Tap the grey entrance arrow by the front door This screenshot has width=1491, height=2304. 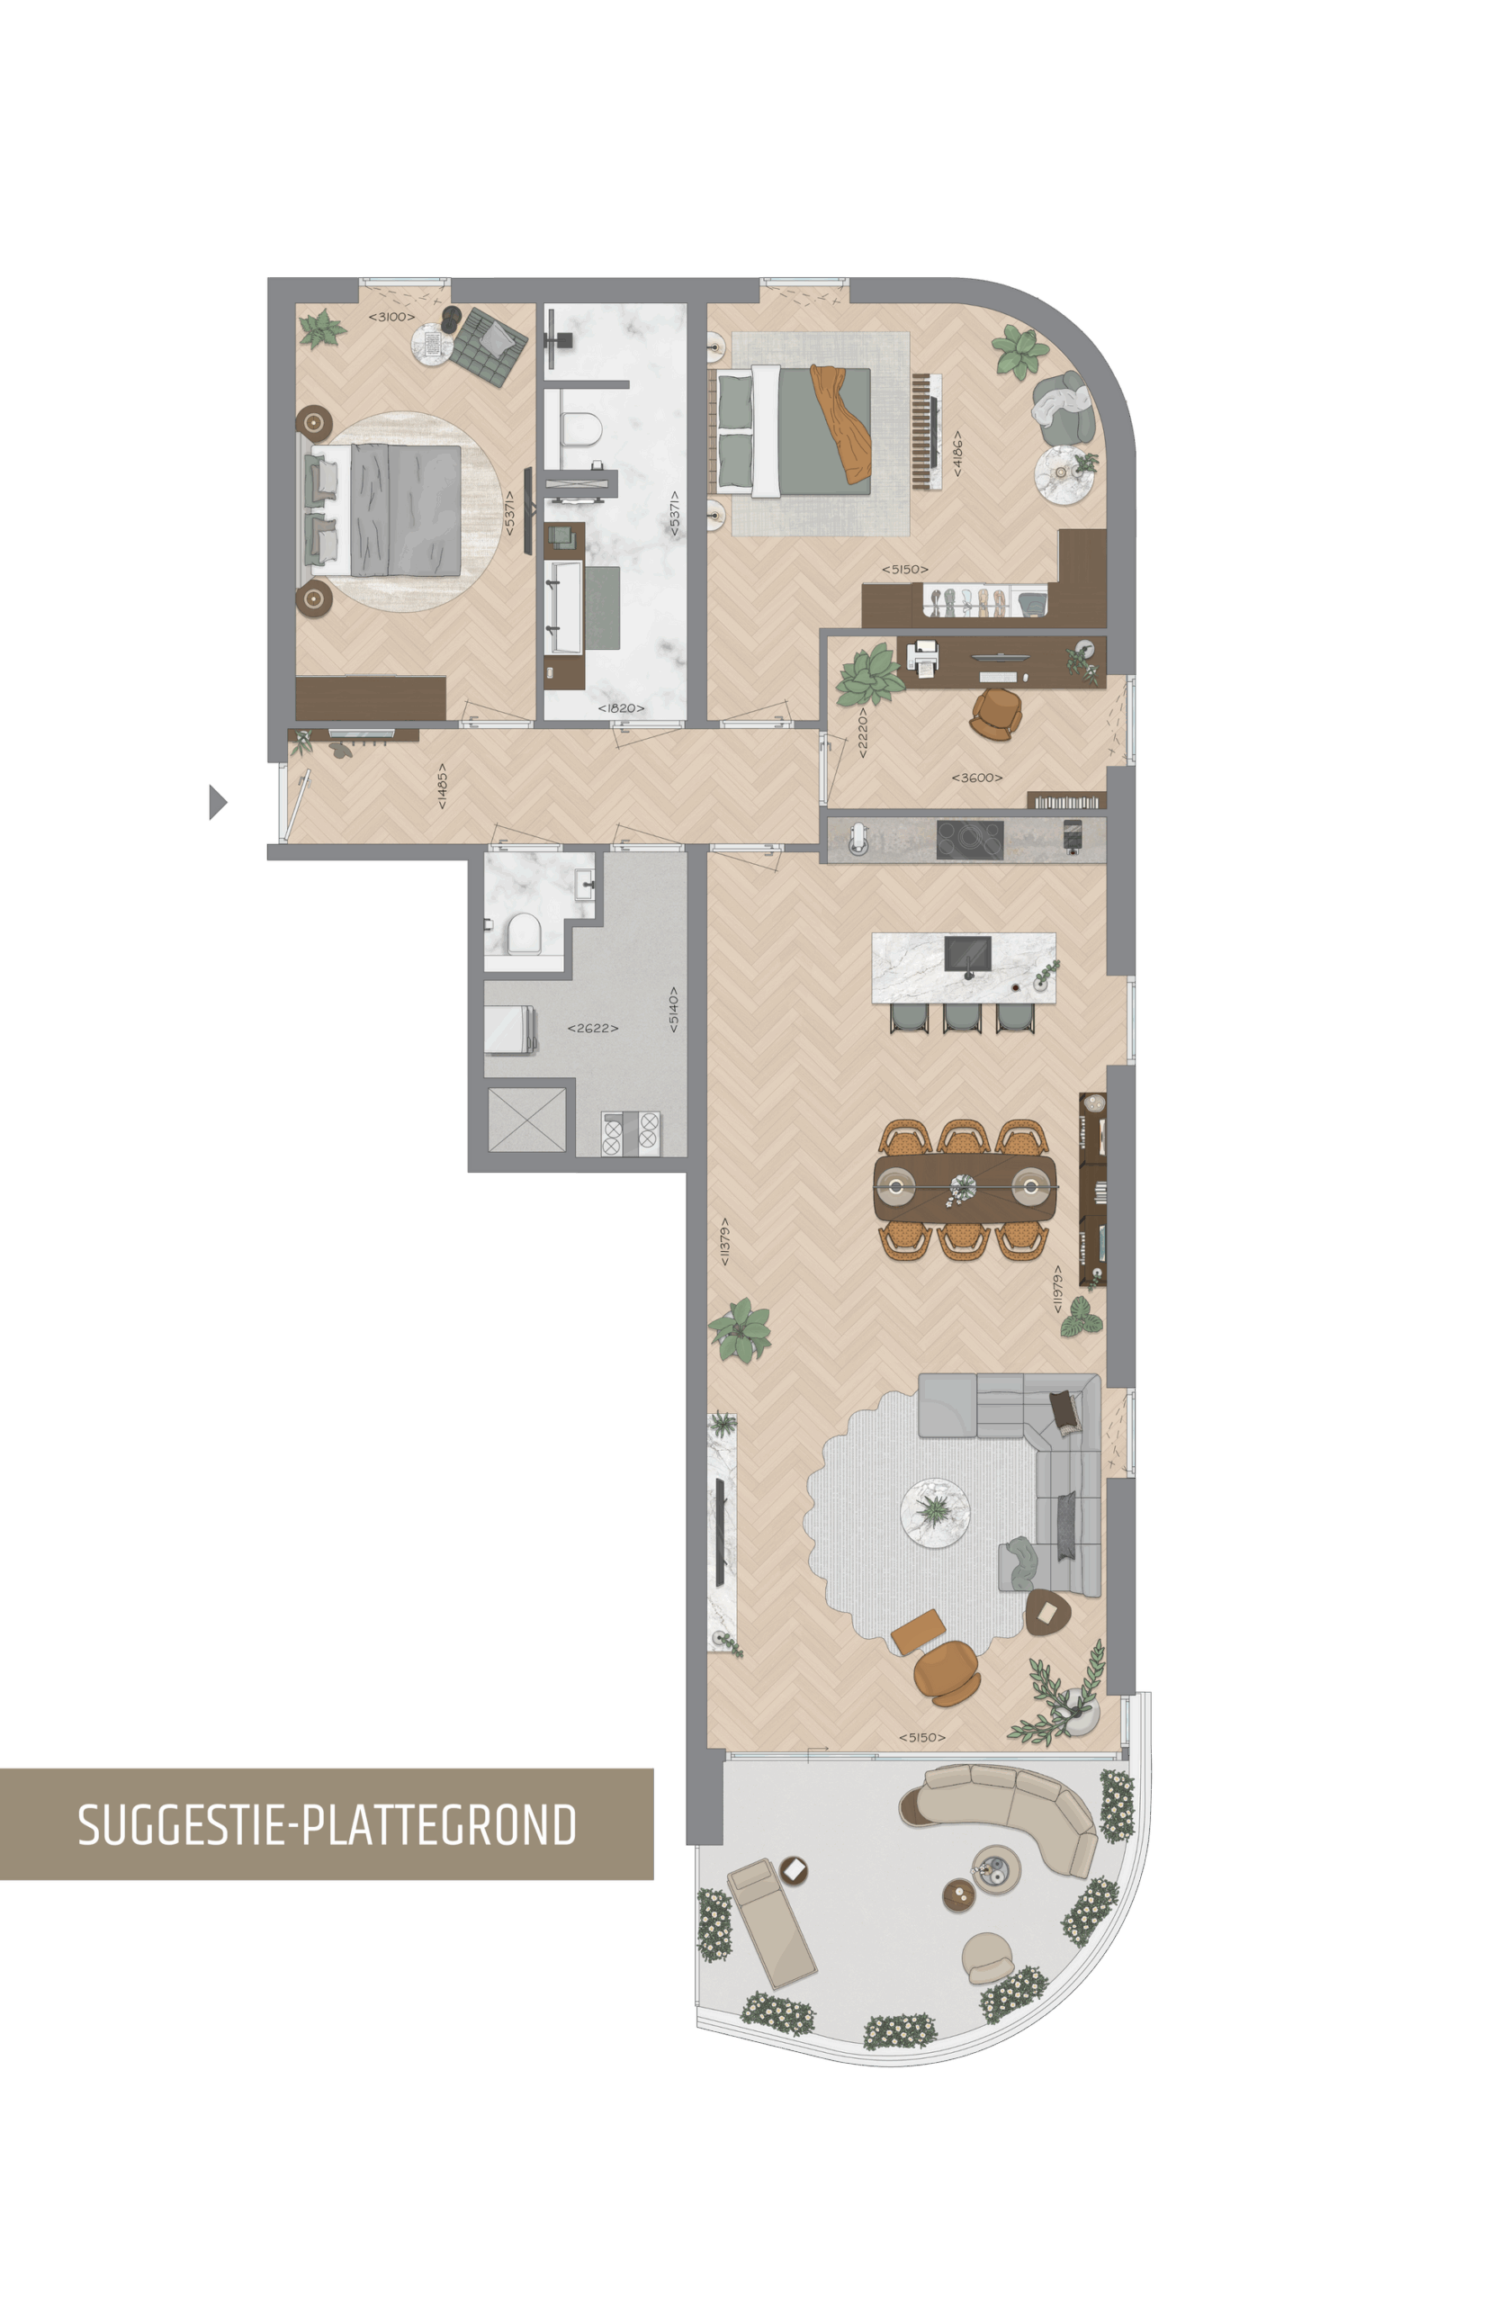click(x=218, y=802)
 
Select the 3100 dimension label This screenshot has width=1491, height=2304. click(x=391, y=317)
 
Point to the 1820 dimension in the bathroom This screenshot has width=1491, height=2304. click(x=621, y=707)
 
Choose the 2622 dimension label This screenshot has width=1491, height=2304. click(x=592, y=1028)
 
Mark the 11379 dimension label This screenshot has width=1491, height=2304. click(x=724, y=1242)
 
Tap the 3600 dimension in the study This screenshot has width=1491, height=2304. click(x=977, y=778)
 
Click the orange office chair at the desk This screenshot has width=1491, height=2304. click(x=996, y=714)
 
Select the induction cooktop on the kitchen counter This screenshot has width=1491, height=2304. click(x=969, y=840)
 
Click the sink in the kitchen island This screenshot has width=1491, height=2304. click(x=966, y=953)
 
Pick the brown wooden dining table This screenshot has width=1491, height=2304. click(x=964, y=1187)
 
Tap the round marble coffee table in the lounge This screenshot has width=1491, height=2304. click(x=935, y=1512)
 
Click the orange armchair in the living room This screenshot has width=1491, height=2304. click(x=946, y=1672)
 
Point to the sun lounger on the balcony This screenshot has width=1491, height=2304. click(x=772, y=1923)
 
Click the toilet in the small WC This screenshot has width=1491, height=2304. click(x=524, y=934)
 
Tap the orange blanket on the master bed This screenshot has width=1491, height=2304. click(x=840, y=423)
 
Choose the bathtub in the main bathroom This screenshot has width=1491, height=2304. click(x=563, y=607)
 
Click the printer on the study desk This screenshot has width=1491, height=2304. click(x=923, y=657)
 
